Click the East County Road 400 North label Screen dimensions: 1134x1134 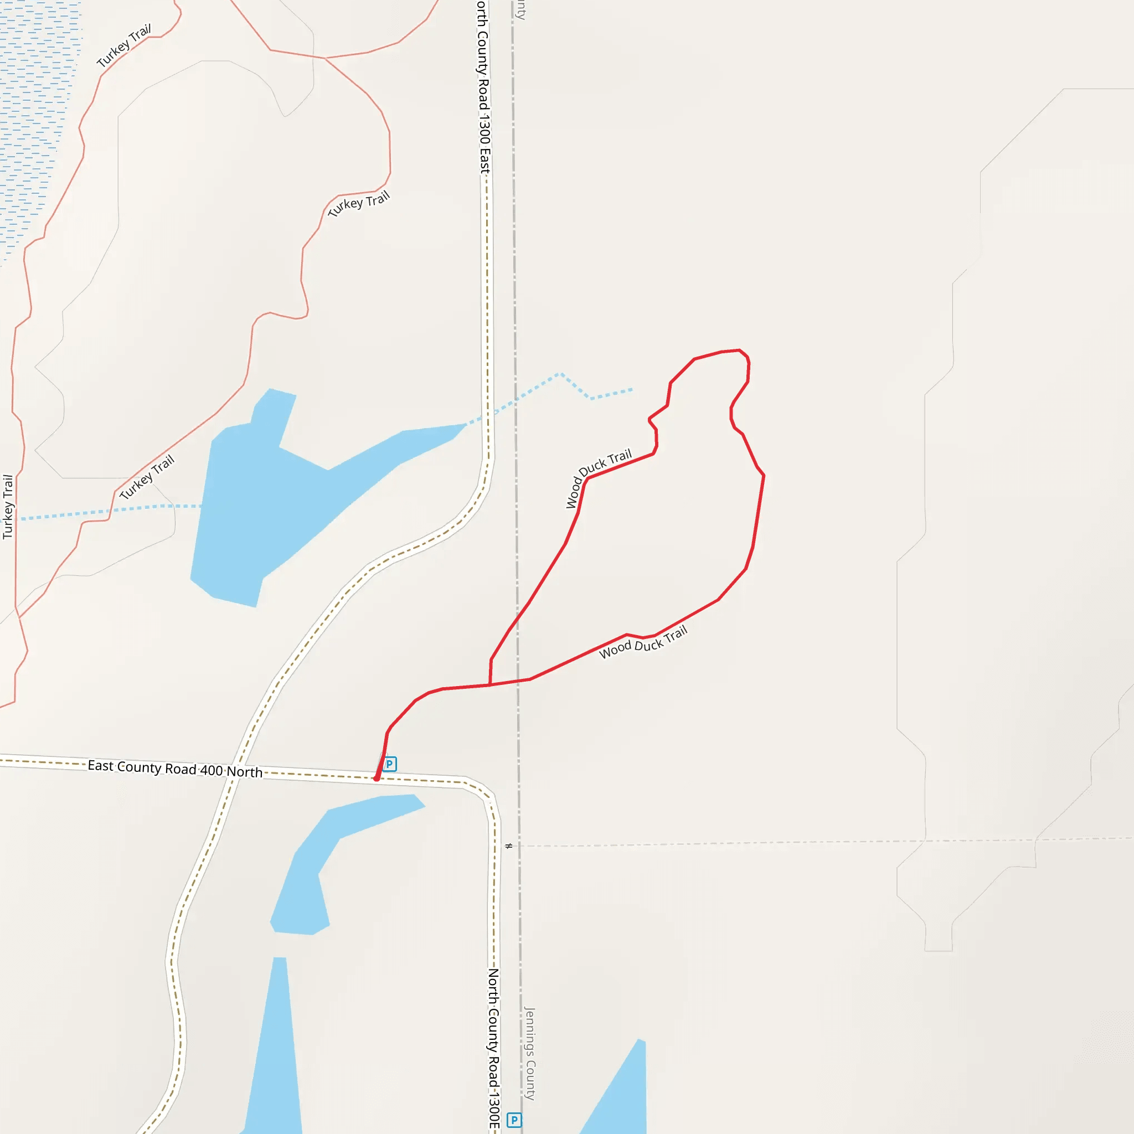click(x=175, y=769)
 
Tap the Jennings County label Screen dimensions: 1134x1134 click(x=529, y=1054)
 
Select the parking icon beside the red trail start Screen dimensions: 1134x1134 click(x=390, y=764)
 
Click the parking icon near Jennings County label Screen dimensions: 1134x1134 click(x=514, y=1120)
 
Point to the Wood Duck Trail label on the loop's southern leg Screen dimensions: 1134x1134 click(x=643, y=642)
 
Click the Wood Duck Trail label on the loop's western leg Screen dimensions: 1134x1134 click(x=597, y=478)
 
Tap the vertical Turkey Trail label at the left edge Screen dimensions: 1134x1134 click(x=8, y=507)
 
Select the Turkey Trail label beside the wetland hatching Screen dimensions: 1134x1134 click(x=124, y=45)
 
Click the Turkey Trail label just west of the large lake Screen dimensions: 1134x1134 click(x=147, y=477)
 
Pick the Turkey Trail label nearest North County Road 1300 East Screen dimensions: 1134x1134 click(x=359, y=203)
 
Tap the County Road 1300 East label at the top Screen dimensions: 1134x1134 click(x=483, y=88)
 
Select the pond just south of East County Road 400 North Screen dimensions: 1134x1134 click(x=329, y=857)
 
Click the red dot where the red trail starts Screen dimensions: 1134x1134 click(x=376, y=779)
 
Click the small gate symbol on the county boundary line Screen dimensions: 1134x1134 click(x=509, y=846)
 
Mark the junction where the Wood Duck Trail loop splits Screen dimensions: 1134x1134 click(x=490, y=684)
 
